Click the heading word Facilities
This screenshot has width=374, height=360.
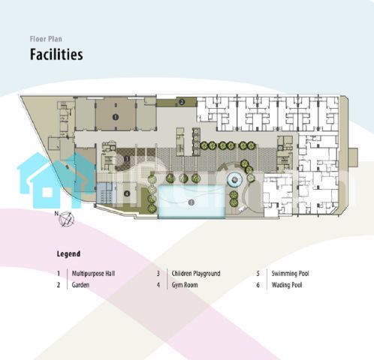pyautogui.click(x=56, y=54)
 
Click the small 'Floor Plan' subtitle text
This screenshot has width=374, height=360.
pyautogui.click(x=46, y=39)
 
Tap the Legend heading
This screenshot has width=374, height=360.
pyautogui.click(x=68, y=253)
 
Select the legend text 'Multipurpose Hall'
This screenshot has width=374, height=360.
pyautogui.click(x=93, y=274)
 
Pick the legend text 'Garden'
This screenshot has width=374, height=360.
pyautogui.click(x=80, y=285)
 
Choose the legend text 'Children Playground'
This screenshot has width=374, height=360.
pyautogui.click(x=196, y=274)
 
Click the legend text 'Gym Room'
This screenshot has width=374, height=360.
pyautogui.click(x=185, y=285)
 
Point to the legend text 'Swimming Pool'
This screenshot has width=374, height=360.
pyautogui.click(x=290, y=274)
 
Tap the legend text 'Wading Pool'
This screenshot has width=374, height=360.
pyautogui.click(x=287, y=285)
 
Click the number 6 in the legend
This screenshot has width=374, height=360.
pyautogui.click(x=258, y=285)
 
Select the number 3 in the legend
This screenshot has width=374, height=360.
pyautogui.click(x=158, y=274)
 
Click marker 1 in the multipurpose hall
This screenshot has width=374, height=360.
pyautogui.click(x=116, y=117)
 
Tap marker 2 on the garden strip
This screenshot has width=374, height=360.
pyautogui.click(x=182, y=102)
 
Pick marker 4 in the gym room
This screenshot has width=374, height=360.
pyautogui.click(x=127, y=193)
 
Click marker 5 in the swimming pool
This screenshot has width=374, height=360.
pyautogui.click(x=192, y=202)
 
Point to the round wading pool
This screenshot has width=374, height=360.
pyautogui.click(x=235, y=179)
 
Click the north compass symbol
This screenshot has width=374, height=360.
pyautogui.click(x=65, y=219)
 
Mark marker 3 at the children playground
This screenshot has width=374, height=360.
pyautogui.click(x=127, y=158)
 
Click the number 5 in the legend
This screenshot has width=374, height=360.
pyautogui.click(x=258, y=274)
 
